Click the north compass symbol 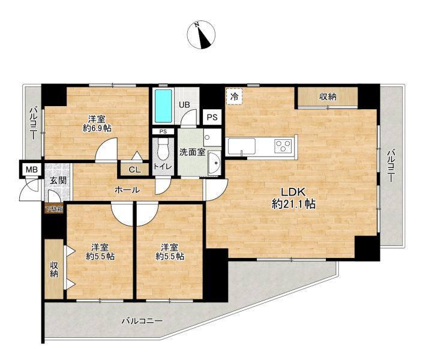[x=201, y=35]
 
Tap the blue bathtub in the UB [x=163, y=106]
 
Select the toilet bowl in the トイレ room [x=163, y=149]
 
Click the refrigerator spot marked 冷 [x=235, y=97]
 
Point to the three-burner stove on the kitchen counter [x=283, y=146]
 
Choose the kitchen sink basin [x=242, y=146]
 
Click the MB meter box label [x=32, y=170]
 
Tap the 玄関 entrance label [x=58, y=180]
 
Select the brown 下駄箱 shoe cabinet [x=54, y=209]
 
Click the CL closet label [x=134, y=170]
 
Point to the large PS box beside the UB [x=212, y=117]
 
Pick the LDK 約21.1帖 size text [x=293, y=199]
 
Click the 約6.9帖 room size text [x=97, y=128]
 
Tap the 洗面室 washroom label [x=193, y=152]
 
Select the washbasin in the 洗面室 [x=215, y=163]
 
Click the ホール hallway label [x=127, y=190]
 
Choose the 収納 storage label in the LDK [x=328, y=97]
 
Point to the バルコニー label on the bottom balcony [x=142, y=321]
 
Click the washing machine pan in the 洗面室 [x=212, y=137]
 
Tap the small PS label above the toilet [x=163, y=131]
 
